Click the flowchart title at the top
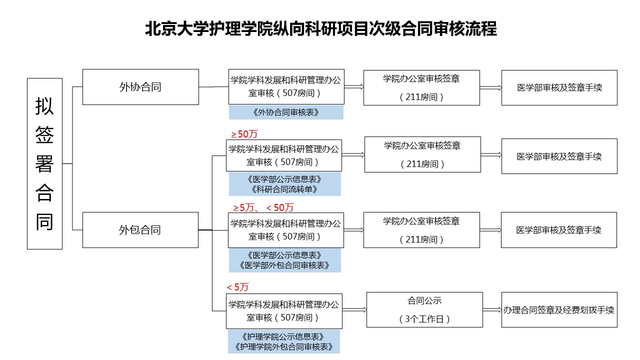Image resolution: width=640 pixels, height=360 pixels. pos(321,29)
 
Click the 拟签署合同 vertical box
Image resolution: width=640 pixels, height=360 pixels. pos(44,163)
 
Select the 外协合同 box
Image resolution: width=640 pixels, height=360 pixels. pos(140,87)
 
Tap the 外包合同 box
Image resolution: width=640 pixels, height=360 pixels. pos(140,230)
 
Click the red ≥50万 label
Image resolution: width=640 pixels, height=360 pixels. pos(244,134)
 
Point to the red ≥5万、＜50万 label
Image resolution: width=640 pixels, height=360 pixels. pos(263,207)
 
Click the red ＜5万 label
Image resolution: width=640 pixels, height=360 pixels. pos(237,287)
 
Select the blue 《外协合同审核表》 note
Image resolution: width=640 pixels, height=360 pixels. pos(286,112)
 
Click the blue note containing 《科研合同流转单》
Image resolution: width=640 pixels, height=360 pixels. pos(285,184)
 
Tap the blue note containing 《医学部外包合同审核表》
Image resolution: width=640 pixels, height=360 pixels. pos(285,260)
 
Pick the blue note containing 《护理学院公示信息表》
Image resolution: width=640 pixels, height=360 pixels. pos(284,341)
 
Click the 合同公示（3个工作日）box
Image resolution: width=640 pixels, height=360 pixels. pos(424,309)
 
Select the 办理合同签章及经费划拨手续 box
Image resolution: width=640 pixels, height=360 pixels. pos(559,309)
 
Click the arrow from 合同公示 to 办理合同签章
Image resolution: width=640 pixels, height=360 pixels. pos(492,309)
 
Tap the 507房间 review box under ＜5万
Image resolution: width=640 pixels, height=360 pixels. pos(284,311)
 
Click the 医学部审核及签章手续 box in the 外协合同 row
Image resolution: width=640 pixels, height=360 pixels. pos(559,87)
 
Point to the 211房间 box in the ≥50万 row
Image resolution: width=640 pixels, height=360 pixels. pos(422,154)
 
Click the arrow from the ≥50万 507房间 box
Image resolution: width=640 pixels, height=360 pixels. pos(353,155)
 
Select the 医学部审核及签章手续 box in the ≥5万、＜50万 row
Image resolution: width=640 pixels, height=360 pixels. pos(559,230)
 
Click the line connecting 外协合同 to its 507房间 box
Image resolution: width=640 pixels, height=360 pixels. pos(213,87)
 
